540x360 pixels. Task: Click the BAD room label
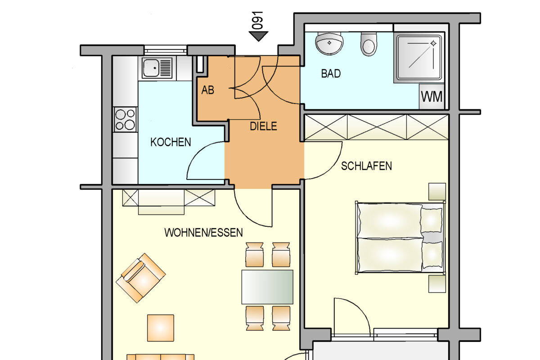(x=331, y=73)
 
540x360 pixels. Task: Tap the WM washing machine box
(x=432, y=96)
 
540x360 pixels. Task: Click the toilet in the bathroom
(x=368, y=44)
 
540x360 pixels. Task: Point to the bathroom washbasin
(x=329, y=43)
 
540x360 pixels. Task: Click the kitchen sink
(x=157, y=67)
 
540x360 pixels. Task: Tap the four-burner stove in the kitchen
(x=125, y=119)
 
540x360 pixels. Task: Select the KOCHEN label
(x=171, y=142)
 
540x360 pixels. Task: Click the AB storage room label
(x=208, y=90)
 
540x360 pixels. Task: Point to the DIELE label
(x=264, y=126)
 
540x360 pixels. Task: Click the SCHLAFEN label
(x=366, y=166)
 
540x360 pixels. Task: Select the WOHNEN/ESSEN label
(x=203, y=233)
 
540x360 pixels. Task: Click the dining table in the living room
(x=267, y=287)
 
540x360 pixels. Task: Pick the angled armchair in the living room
(x=141, y=277)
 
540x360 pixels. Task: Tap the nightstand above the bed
(x=436, y=191)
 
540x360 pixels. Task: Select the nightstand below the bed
(x=436, y=284)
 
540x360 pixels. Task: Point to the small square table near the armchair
(x=161, y=328)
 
